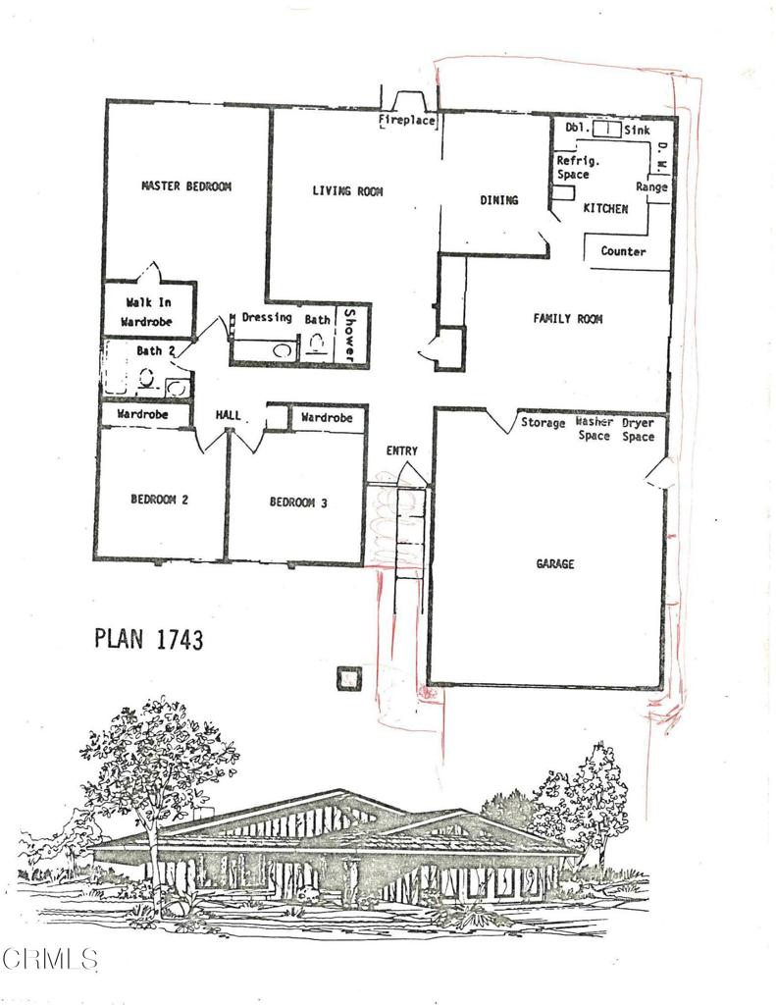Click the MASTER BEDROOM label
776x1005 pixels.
pos(186,185)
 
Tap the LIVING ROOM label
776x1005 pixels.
pos(347,190)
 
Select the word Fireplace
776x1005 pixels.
pos(407,122)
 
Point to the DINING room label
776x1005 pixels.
pos(498,200)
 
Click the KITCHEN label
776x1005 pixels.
pos(605,209)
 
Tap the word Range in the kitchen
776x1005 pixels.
pos(651,186)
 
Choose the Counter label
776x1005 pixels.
pos(623,252)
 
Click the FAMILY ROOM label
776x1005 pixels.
pos(567,319)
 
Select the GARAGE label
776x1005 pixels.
pos(554,564)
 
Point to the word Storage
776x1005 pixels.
pos(543,423)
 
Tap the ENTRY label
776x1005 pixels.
pos(401,451)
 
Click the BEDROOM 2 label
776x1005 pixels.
pos(159,500)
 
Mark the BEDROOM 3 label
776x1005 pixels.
pos(298,503)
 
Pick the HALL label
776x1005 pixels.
pos(228,416)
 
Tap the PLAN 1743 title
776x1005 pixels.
pos(148,639)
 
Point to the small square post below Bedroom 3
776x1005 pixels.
pos(348,678)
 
